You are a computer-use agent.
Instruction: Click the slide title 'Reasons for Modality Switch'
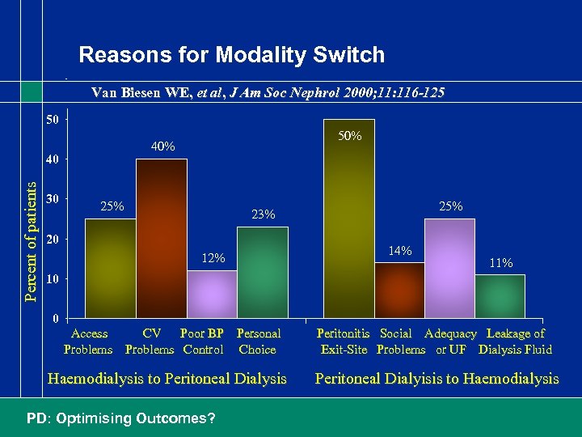(x=231, y=55)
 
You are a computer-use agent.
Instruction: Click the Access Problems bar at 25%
(x=110, y=267)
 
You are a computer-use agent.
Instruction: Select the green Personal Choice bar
(x=262, y=271)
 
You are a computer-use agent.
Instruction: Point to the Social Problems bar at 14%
(x=399, y=289)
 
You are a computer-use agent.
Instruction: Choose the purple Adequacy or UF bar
(x=449, y=267)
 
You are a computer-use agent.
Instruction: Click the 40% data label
(x=163, y=146)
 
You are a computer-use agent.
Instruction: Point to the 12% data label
(x=213, y=258)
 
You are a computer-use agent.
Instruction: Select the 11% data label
(x=500, y=263)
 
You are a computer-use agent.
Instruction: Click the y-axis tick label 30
(x=51, y=198)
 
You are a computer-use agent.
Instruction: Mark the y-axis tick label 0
(x=55, y=318)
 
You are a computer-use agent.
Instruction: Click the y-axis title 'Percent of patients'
(x=31, y=240)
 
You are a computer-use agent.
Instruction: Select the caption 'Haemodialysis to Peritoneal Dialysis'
(x=167, y=379)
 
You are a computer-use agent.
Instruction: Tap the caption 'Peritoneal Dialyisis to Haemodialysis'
(x=436, y=379)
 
